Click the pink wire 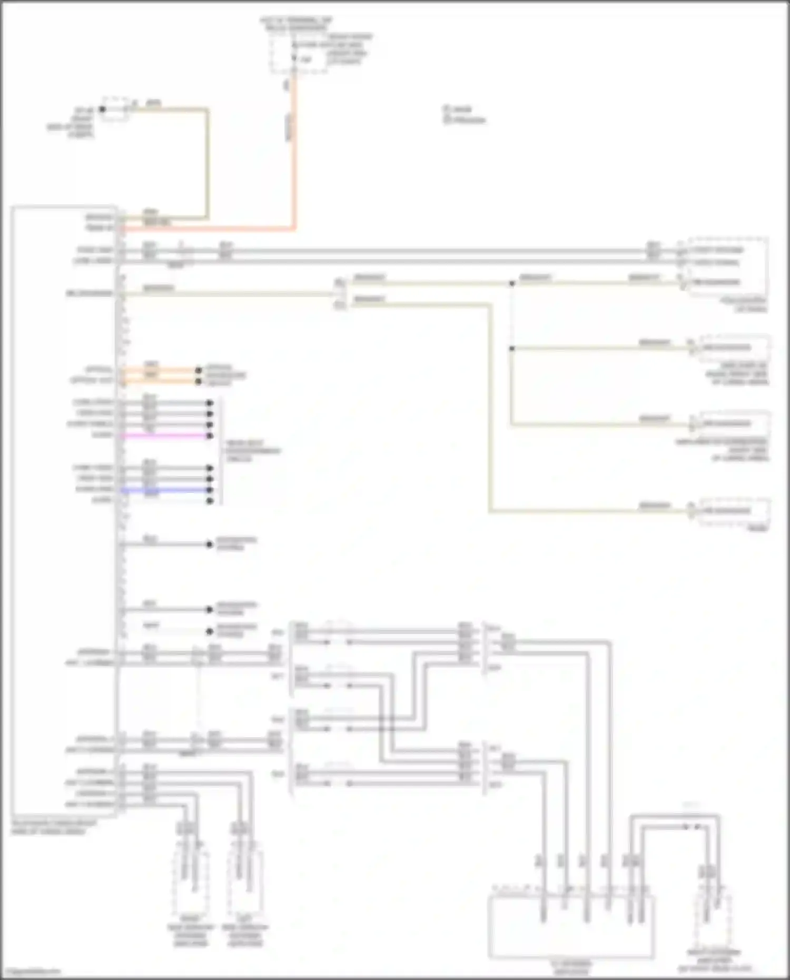coord(166,435)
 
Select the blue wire coord(166,490)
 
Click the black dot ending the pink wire coord(210,436)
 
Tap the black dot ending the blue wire coord(210,490)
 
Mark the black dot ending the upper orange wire coord(199,370)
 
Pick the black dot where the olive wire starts coord(103,110)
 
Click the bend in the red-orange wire coord(294,229)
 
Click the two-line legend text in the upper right coord(464,115)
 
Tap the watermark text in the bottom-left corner coord(32,971)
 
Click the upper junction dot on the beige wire coord(511,284)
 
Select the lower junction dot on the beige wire coord(511,349)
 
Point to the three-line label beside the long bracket coord(253,451)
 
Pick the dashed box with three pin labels coord(724,266)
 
